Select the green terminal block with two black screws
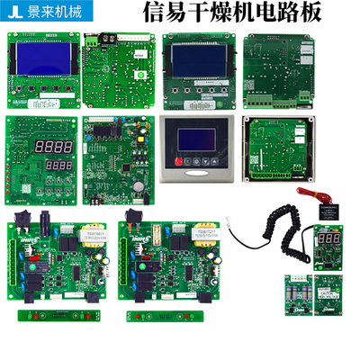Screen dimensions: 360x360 (x=94, y=40)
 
